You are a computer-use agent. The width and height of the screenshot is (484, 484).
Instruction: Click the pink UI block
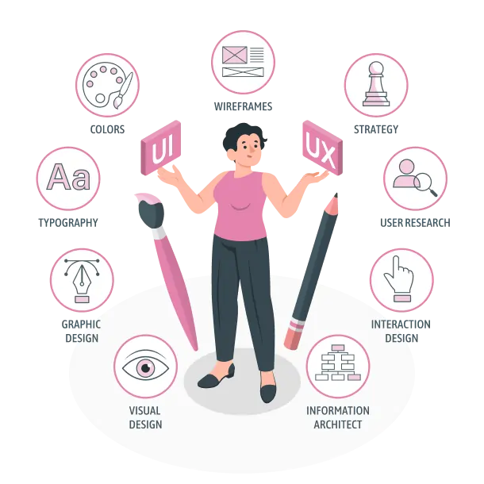point(161,148)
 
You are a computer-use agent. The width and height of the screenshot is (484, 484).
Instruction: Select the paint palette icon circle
point(107,85)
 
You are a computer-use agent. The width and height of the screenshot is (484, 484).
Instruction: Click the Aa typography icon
point(68,179)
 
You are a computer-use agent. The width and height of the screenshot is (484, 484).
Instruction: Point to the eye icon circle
point(145,367)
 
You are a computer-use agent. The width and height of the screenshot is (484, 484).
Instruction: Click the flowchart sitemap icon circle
point(337,367)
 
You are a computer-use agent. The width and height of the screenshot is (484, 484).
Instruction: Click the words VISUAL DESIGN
point(145,417)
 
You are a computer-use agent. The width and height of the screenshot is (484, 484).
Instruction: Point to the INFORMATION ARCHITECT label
point(337,417)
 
